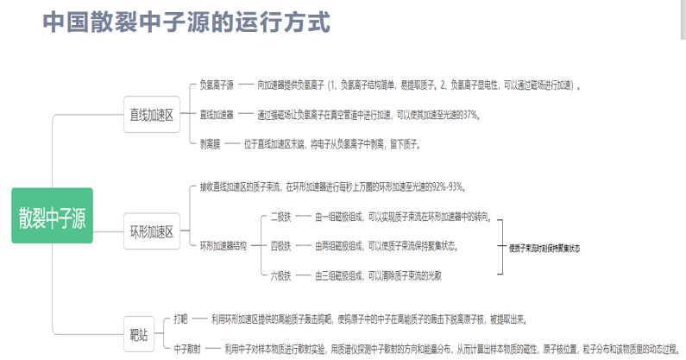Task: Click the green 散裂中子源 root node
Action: pos(52,216)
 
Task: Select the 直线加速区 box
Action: pos(151,114)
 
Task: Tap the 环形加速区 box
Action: pos(151,231)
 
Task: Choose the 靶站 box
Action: pos(139,332)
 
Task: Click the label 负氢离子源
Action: pos(217,85)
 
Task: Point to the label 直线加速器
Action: pos(217,114)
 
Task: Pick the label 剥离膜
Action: pos(211,144)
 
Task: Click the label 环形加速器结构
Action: pos(223,246)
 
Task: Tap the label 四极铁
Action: pos(280,246)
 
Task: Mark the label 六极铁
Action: pos(280,275)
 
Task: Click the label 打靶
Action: pos(180,318)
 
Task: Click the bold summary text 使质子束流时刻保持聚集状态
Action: pos(544,248)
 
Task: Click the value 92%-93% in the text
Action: pos(447,187)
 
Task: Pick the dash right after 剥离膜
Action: pos(233,144)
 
